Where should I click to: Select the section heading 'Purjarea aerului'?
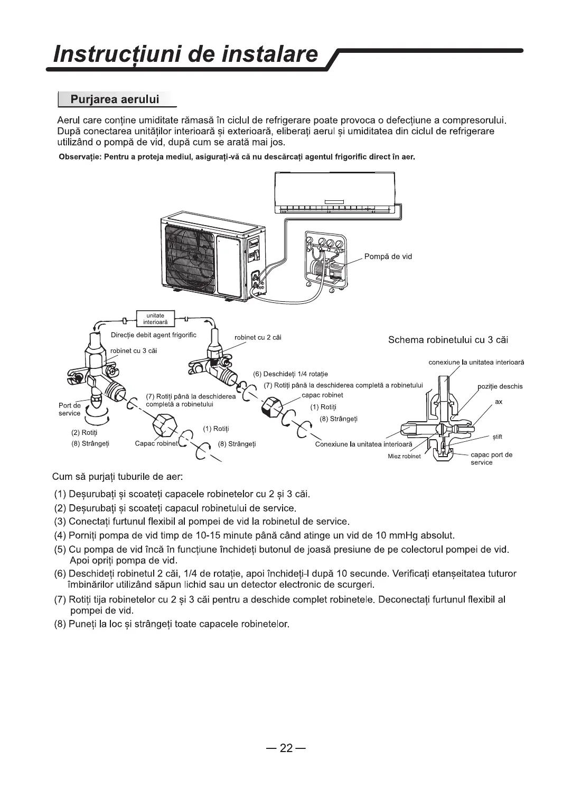click(115, 99)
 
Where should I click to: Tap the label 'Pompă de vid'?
click(388, 257)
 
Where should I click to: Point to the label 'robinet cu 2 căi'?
click(257, 338)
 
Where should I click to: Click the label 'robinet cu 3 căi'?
click(133, 350)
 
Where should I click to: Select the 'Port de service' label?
click(70, 409)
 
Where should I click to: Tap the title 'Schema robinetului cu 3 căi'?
click(448, 340)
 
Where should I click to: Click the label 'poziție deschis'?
click(500, 386)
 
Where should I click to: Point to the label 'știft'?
click(497, 437)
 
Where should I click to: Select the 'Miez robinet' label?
click(404, 456)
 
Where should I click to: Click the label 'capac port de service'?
click(491, 458)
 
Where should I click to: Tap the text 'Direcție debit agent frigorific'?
click(154, 335)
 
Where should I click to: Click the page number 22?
click(286, 748)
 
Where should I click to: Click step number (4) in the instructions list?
click(60, 535)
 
